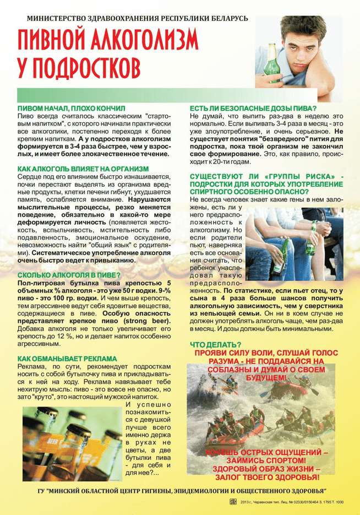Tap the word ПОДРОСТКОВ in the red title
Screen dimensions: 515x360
91,68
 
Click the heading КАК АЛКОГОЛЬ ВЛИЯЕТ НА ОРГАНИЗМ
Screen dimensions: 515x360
83,168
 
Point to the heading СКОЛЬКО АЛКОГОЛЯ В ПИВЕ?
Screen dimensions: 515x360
69,274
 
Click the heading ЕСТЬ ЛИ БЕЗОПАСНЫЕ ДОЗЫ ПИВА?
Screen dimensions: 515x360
253,109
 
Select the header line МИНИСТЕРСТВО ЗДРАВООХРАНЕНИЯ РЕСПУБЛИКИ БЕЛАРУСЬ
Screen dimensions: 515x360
137,18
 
